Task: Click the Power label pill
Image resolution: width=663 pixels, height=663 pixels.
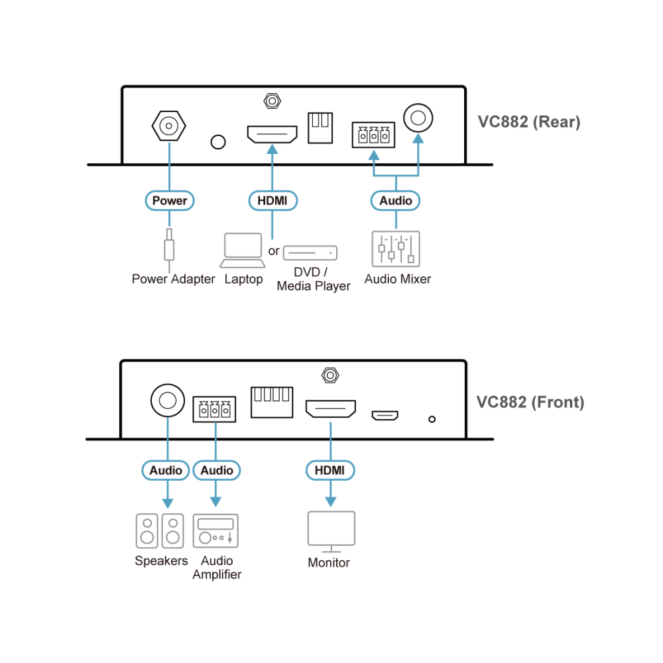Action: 170,200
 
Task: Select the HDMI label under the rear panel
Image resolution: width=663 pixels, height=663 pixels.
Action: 272,200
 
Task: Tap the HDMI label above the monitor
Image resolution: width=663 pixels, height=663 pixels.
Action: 330,470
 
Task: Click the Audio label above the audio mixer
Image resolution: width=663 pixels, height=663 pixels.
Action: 395,200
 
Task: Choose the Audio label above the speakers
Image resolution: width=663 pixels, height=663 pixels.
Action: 166,470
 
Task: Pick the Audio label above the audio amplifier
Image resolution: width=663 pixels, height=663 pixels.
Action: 217,470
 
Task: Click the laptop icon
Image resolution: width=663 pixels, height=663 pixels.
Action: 243,251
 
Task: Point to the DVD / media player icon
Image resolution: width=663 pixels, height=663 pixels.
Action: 310,253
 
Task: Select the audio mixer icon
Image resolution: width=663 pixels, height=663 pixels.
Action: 396,249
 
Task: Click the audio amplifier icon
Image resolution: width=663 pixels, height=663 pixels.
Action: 215,530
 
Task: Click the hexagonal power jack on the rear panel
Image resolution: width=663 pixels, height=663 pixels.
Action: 168,126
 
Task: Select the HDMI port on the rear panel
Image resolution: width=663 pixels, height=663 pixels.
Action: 272,134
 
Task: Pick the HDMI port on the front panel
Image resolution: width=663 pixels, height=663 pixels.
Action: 331,409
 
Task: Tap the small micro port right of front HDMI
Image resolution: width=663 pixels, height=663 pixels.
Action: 385,416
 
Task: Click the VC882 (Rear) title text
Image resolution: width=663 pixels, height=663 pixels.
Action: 529,122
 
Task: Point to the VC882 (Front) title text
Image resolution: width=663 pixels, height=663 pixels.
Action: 530,402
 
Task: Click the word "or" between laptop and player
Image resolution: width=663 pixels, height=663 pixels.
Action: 274,251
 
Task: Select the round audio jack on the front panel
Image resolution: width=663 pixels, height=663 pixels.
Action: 168,400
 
